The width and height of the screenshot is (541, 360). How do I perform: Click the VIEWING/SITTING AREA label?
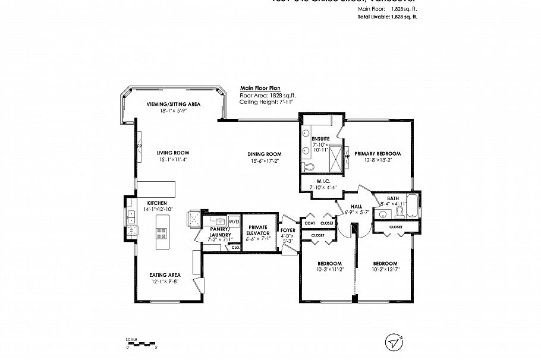[x=173, y=104]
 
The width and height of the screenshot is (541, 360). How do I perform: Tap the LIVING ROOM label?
[x=173, y=152]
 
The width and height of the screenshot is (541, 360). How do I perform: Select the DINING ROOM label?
[x=265, y=154]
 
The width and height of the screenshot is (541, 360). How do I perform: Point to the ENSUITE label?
[x=320, y=139]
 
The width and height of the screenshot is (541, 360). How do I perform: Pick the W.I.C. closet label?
[x=323, y=181]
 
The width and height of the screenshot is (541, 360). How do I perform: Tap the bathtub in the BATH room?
[x=413, y=207]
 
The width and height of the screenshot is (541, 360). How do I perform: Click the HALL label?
[x=357, y=206]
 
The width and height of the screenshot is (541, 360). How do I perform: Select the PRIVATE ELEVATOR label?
[x=258, y=230]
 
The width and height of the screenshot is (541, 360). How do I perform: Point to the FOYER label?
[x=288, y=230]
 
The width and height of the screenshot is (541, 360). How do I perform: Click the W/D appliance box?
[x=234, y=222]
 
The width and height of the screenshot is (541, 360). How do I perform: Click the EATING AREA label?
[x=165, y=275]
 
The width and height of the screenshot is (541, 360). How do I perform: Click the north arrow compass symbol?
[x=394, y=341]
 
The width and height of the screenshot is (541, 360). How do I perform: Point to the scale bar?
[x=140, y=343]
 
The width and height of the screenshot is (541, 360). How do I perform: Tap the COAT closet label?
[x=310, y=223]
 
